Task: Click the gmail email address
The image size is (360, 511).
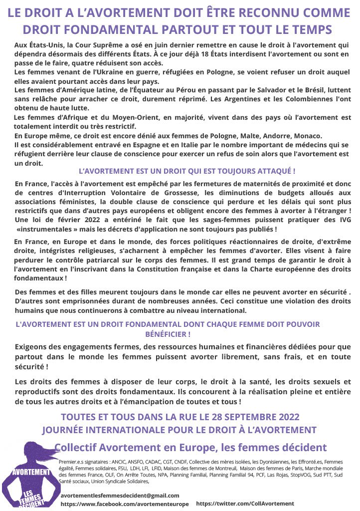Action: pos(120,495)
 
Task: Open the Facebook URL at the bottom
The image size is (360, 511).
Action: pos(125,504)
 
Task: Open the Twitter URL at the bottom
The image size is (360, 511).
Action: pos(245,504)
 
